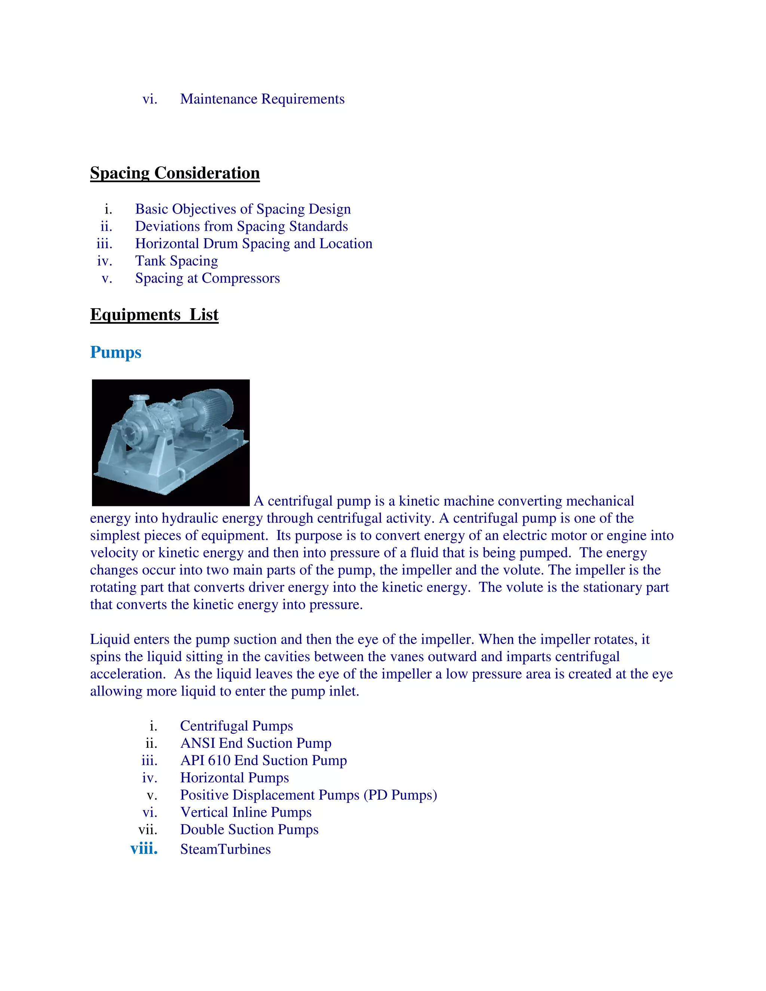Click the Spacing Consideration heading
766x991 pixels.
(175, 173)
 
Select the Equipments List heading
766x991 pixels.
(154, 315)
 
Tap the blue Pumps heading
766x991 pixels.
(116, 352)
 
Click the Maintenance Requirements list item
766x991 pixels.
(262, 99)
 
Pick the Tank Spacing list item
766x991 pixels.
(177, 261)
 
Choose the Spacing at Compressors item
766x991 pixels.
(207, 278)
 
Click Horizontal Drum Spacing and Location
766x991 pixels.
(254, 244)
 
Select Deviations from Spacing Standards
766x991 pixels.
(241, 226)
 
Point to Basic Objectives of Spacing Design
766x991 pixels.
(243, 209)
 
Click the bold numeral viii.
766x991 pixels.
(144, 849)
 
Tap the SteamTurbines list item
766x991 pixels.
(226, 849)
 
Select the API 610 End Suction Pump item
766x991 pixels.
(263, 761)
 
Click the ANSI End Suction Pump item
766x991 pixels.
(255, 743)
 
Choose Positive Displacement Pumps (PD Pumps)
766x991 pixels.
(309, 795)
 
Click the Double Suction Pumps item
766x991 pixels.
(249, 829)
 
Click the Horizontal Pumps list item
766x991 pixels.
(234, 778)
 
